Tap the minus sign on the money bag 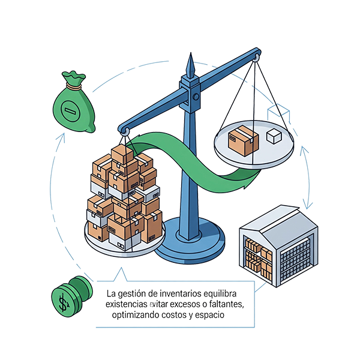coord(71,110)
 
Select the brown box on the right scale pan coord(244,140)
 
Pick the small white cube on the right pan coord(274,136)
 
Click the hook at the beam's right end coord(257,58)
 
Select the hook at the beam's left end coord(125,130)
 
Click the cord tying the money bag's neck coord(75,88)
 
